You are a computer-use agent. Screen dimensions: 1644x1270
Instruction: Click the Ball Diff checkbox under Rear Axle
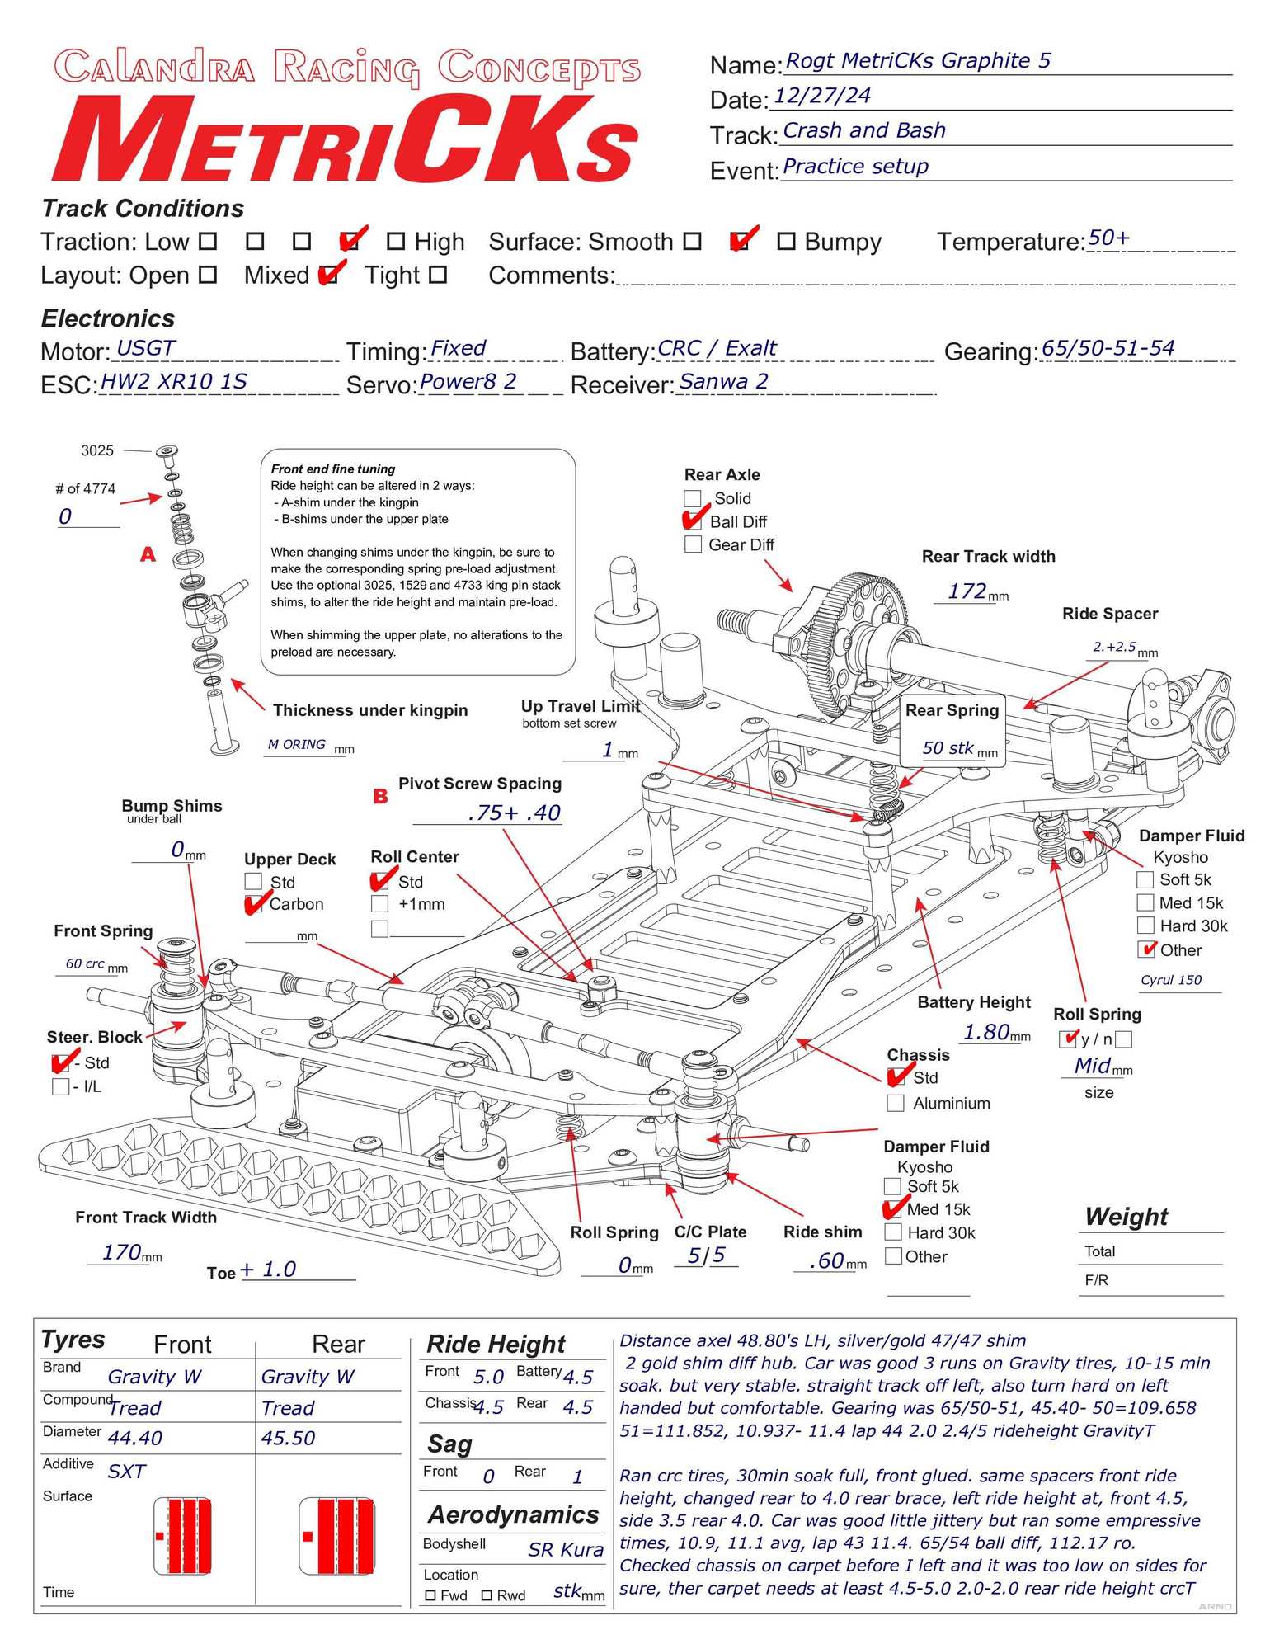[x=694, y=521]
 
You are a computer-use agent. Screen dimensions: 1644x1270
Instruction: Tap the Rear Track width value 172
[x=967, y=591]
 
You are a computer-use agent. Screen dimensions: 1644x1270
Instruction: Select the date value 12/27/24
[x=822, y=96]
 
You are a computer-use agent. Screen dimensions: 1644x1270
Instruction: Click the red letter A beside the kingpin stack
[x=148, y=554]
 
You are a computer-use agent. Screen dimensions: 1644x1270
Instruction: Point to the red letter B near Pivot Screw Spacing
[x=380, y=797]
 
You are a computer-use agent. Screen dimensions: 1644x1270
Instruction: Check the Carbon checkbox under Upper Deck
[x=255, y=905]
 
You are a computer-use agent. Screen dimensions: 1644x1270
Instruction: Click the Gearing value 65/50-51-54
[x=1108, y=348]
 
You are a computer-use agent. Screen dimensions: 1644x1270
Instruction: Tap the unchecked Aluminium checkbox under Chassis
[x=896, y=1104]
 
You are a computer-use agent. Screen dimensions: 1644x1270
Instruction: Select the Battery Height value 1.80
[x=986, y=1032]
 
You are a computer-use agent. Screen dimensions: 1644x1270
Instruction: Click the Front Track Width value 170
[x=122, y=1252]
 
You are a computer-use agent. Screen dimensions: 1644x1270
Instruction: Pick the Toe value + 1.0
[x=268, y=1269]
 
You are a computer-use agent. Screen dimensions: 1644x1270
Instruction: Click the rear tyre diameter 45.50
[x=288, y=1438]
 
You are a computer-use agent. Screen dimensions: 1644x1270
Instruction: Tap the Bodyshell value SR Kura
[x=565, y=1550]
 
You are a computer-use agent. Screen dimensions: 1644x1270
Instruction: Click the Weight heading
[x=1126, y=1217]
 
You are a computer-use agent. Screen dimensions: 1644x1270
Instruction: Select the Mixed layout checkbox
[x=328, y=275]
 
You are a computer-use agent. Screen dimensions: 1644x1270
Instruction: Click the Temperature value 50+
[x=1108, y=238]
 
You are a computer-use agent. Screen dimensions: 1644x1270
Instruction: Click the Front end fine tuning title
[x=332, y=469]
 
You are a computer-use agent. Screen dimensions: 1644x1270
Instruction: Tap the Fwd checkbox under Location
[x=430, y=1595]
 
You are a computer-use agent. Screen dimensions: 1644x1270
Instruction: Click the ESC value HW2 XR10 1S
[x=173, y=381]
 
